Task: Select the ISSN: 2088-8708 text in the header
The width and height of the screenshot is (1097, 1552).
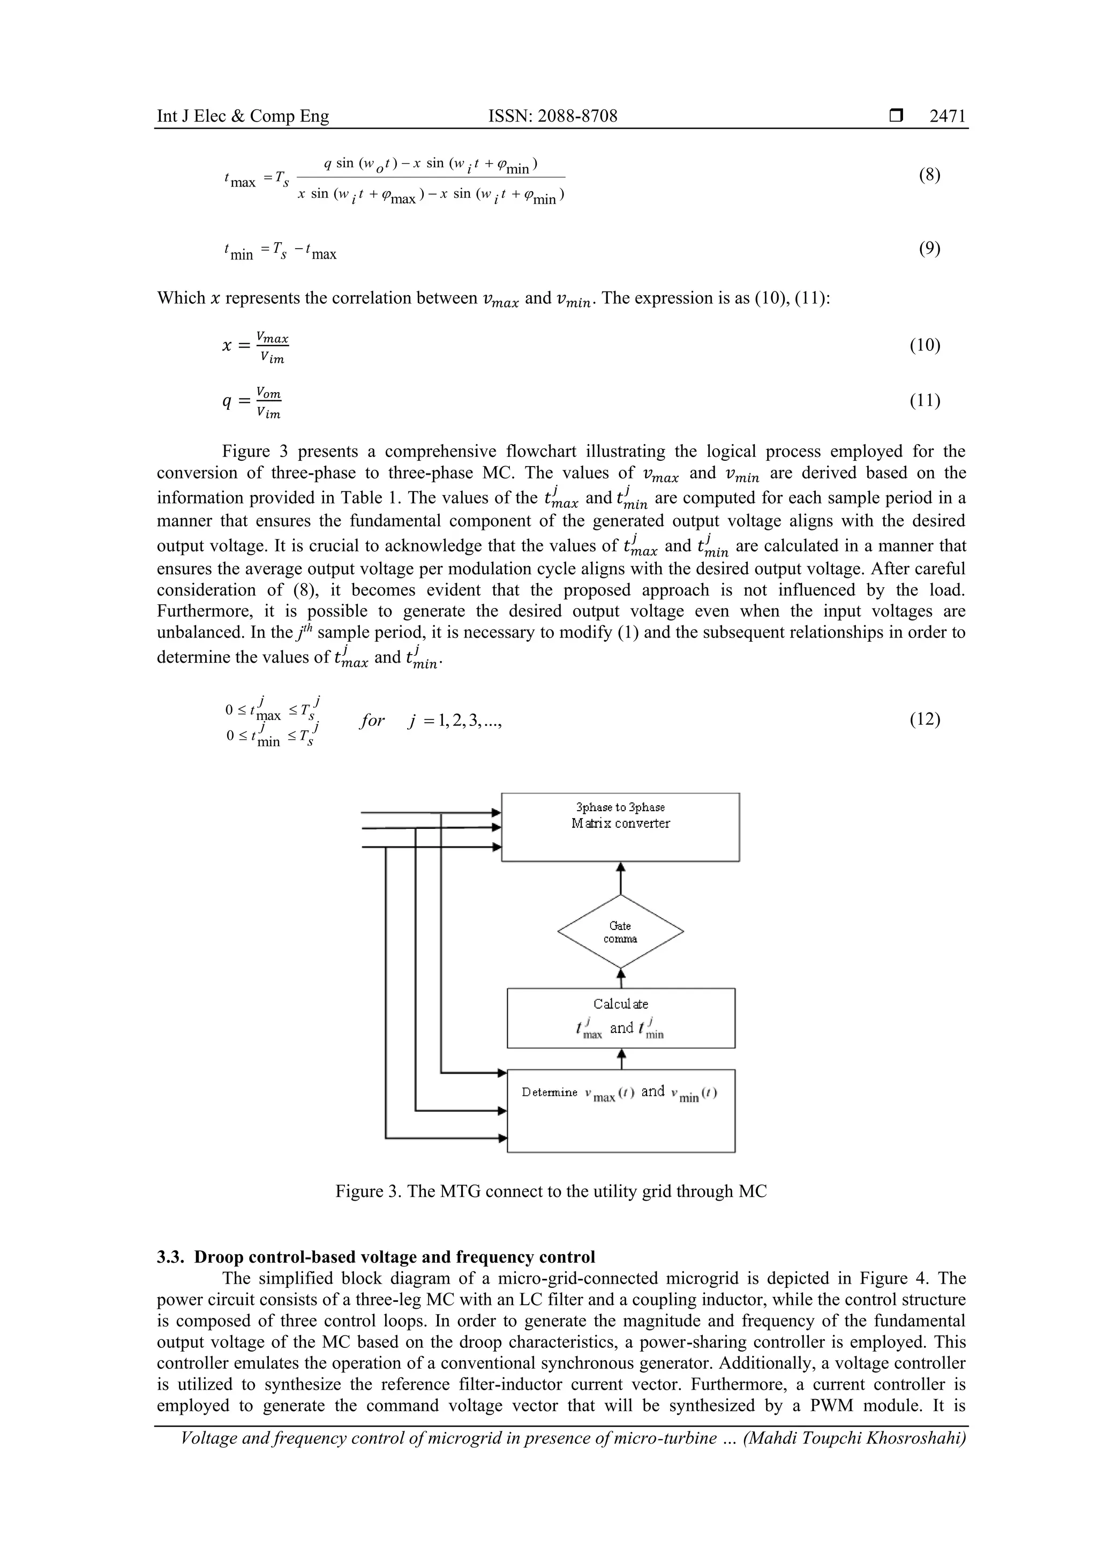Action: [x=552, y=116]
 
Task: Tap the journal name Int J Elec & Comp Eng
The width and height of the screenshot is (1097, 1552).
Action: [x=243, y=116]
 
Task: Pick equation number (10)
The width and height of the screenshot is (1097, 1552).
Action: [x=925, y=346]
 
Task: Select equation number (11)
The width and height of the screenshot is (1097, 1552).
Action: [x=925, y=401]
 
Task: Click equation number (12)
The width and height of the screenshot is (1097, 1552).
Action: [x=925, y=719]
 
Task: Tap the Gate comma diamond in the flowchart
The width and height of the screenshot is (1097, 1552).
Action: [x=620, y=932]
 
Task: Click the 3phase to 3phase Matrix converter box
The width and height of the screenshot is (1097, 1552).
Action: [x=620, y=827]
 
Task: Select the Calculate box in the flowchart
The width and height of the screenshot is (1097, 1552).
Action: [x=620, y=1018]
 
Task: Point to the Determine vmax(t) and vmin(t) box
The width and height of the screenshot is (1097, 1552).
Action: [x=620, y=1110]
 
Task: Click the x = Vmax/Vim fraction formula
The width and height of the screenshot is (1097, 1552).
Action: [x=256, y=347]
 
